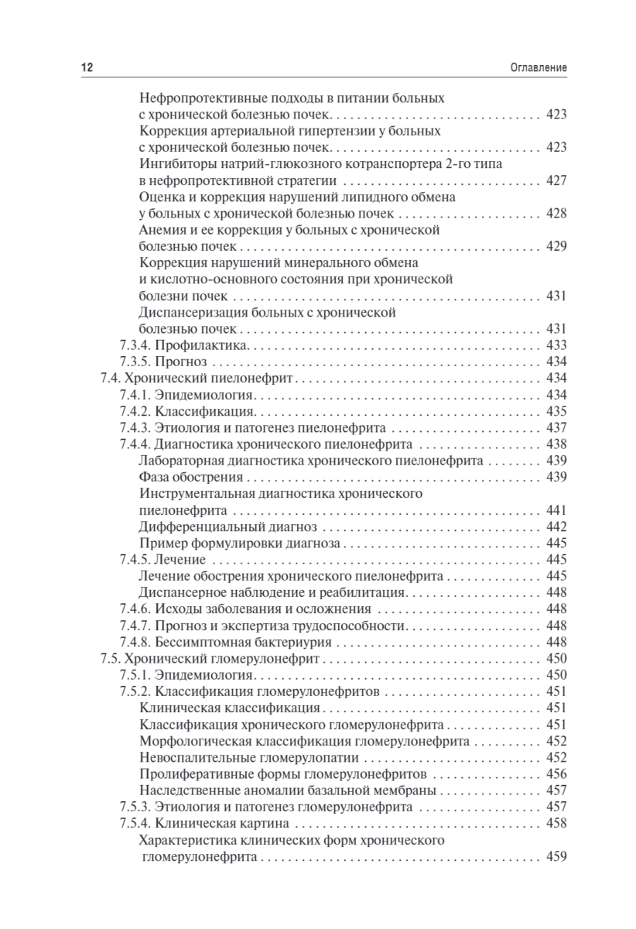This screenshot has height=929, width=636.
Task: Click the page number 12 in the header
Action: (x=87, y=68)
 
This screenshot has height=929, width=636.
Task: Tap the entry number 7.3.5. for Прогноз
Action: (x=135, y=362)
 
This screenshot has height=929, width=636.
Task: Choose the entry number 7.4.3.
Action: (x=135, y=428)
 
